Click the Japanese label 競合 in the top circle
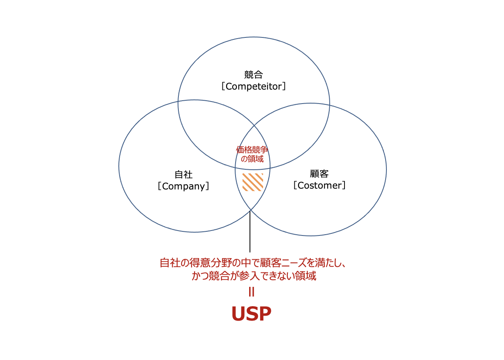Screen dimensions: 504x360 253,75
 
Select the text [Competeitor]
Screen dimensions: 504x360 254,86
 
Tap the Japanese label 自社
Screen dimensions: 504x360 184,175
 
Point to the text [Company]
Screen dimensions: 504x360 184,186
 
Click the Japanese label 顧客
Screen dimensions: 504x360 319,173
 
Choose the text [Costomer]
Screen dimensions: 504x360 319,185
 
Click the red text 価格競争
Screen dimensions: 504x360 252,150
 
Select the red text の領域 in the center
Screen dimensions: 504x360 252,159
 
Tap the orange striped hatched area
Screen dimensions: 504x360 253,182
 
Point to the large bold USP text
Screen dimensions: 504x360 252,314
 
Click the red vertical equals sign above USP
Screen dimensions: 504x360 252,292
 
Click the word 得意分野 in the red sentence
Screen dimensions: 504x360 210,263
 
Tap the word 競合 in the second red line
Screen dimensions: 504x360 218,276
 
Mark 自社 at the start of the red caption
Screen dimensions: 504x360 170,263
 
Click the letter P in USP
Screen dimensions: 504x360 265,314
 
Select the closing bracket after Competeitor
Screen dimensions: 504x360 284,86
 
